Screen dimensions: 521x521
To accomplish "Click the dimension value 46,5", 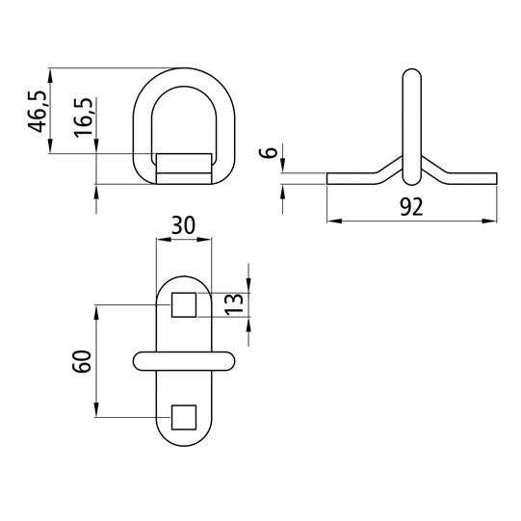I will [38, 111].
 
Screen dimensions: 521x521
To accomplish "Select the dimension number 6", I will [273, 153].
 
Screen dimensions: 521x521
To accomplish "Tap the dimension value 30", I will [183, 224].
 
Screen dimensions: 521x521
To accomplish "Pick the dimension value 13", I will [231, 305].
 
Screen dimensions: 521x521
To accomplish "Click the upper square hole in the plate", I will [183, 305].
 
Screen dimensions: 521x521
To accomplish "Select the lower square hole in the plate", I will [183, 417].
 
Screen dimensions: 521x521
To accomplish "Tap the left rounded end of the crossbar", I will [138, 360].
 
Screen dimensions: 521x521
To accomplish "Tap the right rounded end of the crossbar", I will [228, 360].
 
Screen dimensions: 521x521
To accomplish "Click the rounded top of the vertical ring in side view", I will [411, 74].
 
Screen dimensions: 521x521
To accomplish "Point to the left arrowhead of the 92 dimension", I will [331, 221].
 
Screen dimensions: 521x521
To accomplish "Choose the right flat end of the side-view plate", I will [494, 178].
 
